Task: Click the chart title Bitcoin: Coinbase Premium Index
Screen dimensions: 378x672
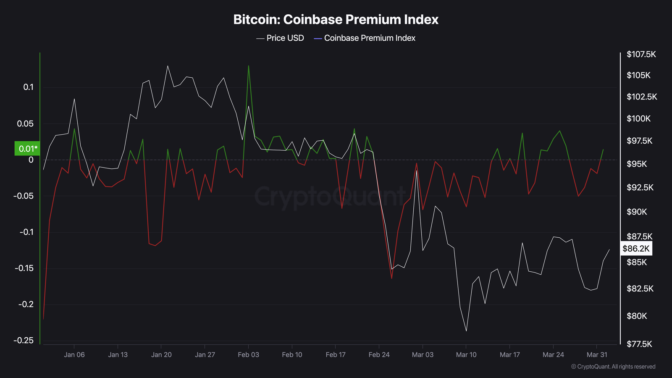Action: (336, 19)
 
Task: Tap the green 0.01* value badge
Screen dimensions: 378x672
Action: (27, 149)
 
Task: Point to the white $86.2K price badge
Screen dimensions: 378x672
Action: (636, 249)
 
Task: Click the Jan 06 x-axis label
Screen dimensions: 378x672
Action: (74, 355)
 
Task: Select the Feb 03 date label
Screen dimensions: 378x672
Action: (248, 355)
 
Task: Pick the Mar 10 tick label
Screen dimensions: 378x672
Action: (466, 355)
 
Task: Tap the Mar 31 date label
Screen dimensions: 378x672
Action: (597, 355)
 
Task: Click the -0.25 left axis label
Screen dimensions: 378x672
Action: (24, 341)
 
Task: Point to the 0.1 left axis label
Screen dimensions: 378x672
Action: (28, 87)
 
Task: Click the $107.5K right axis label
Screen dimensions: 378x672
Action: (641, 55)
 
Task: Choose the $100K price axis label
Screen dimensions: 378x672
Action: (638, 119)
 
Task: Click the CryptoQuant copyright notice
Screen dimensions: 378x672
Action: (613, 367)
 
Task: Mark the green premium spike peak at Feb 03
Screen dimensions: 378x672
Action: (249, 66)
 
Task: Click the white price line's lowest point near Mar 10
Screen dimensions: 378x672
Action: (466, 331)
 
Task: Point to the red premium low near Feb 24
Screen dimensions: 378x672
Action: (391, 278)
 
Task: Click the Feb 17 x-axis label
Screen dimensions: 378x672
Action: (336, 355)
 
